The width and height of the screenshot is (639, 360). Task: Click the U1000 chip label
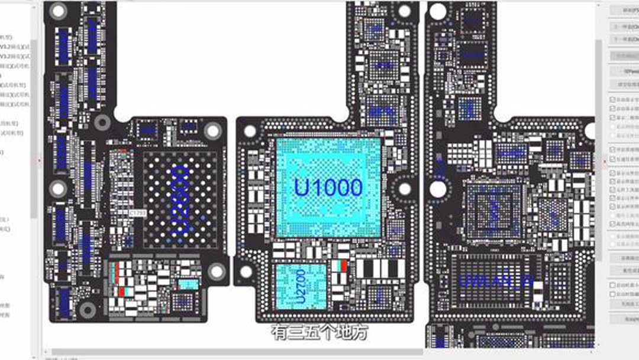pos(328,187)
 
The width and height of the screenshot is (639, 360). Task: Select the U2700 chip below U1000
pos(301,286)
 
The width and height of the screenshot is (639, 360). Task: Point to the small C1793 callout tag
pos(137,212)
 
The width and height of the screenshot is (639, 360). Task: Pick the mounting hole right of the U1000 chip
pos(405,189)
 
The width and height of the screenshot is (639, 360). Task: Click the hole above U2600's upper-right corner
pos(212,131)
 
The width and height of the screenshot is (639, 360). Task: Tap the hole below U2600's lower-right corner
pos(217,271)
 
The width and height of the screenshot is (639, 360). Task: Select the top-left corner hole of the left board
pos(58,10)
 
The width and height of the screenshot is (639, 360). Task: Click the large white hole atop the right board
pos(438,11)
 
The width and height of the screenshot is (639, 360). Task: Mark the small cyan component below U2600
pos(188,284)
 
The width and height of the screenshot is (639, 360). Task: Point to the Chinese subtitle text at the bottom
pos(319,332)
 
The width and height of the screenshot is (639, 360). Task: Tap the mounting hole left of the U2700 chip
pos(246,272)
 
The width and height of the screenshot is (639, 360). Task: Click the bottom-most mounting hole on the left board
pos(88,309)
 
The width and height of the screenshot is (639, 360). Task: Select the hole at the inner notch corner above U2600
pos(102,123)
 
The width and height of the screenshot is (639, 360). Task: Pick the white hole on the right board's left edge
pos(438,189)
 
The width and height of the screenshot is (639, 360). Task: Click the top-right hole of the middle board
pos(405,11)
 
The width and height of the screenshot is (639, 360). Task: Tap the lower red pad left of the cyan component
pos(121,291)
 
